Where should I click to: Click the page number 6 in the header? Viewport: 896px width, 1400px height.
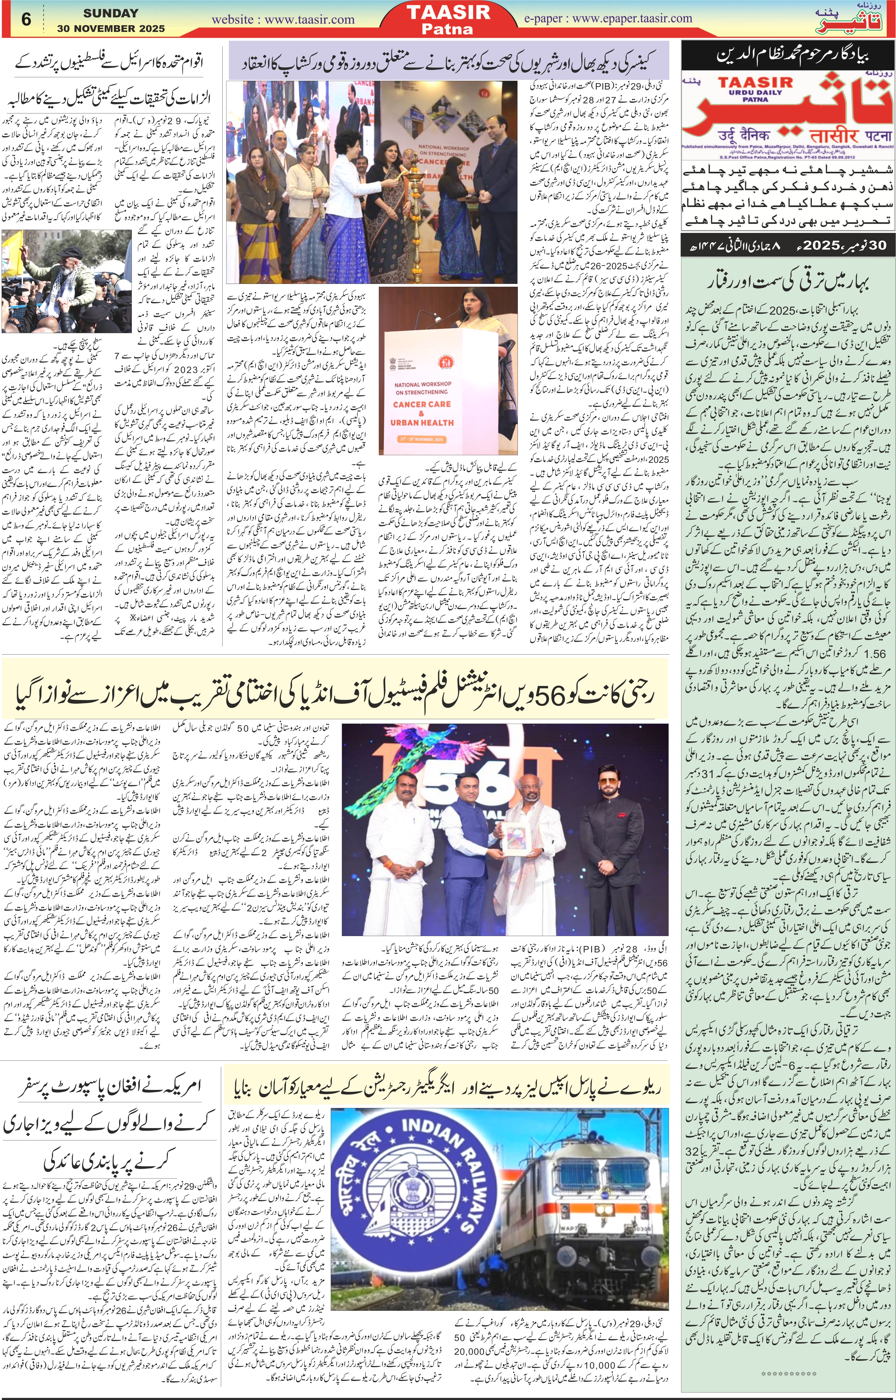pos(26,19)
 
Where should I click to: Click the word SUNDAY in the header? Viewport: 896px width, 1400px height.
pos(111,13)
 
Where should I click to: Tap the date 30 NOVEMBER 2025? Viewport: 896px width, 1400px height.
pos(111,28)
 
